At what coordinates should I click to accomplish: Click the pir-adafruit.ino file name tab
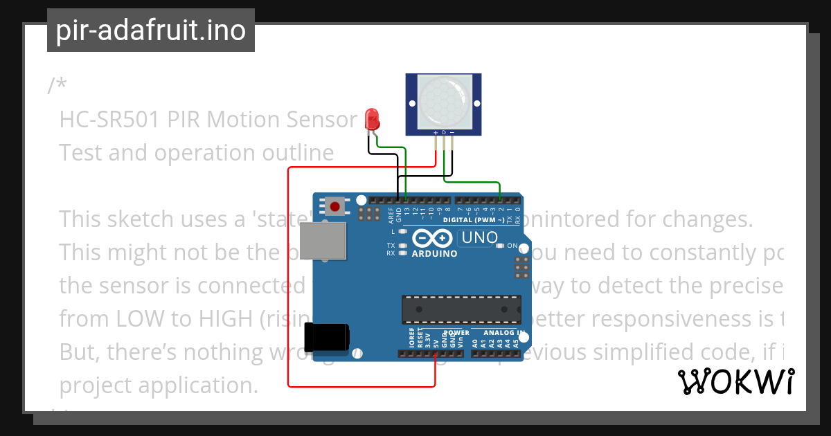150,30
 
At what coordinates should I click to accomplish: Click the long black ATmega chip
461,309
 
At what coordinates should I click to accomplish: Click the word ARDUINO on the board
434,254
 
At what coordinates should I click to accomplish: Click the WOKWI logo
735,382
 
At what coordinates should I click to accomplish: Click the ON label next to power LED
512,246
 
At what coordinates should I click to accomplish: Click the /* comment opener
57,86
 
